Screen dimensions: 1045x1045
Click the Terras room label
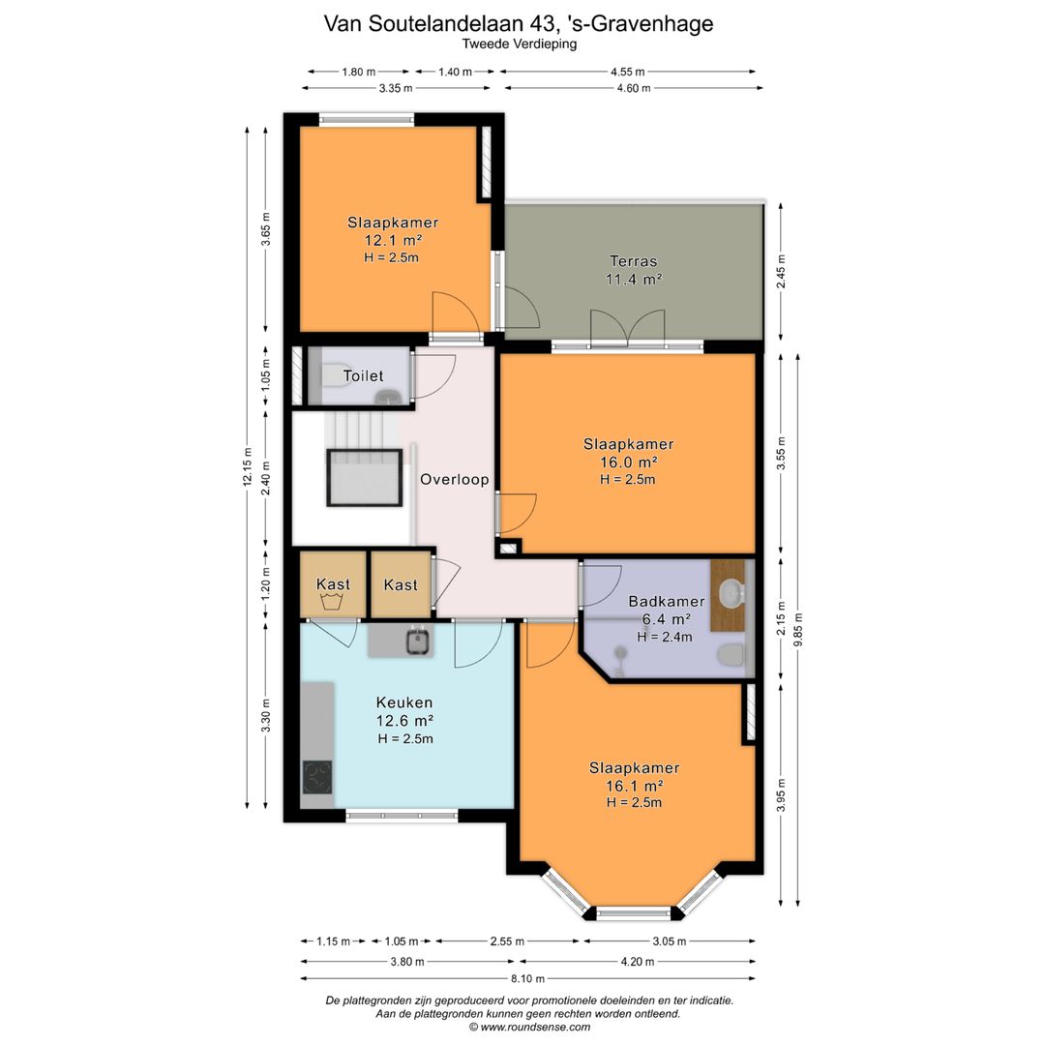click(633, 261)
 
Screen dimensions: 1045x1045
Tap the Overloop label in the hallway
click(455, 479)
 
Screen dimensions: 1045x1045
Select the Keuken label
click(404, 702)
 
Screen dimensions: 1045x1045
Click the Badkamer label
click(667, 601)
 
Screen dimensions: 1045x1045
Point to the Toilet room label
click(363, 375)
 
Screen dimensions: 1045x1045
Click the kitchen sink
click(418, 642)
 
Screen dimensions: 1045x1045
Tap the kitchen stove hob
click(318, 777)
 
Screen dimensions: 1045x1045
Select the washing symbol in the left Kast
click(332, 603)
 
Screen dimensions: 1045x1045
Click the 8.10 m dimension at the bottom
click(528, 978)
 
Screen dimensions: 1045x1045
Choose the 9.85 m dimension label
click(798, 626)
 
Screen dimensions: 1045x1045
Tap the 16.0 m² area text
click(629, 462)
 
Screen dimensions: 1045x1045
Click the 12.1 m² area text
click(393, 240)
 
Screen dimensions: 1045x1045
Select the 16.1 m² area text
click(634, 786)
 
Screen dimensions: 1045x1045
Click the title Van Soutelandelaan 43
click(440, 23)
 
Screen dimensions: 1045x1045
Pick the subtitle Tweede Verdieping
click(520, 44)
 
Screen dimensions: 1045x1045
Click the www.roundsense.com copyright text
click(529, 1027)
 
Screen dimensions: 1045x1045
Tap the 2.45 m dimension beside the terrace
click(781, 271)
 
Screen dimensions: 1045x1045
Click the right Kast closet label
click(401, 584)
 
